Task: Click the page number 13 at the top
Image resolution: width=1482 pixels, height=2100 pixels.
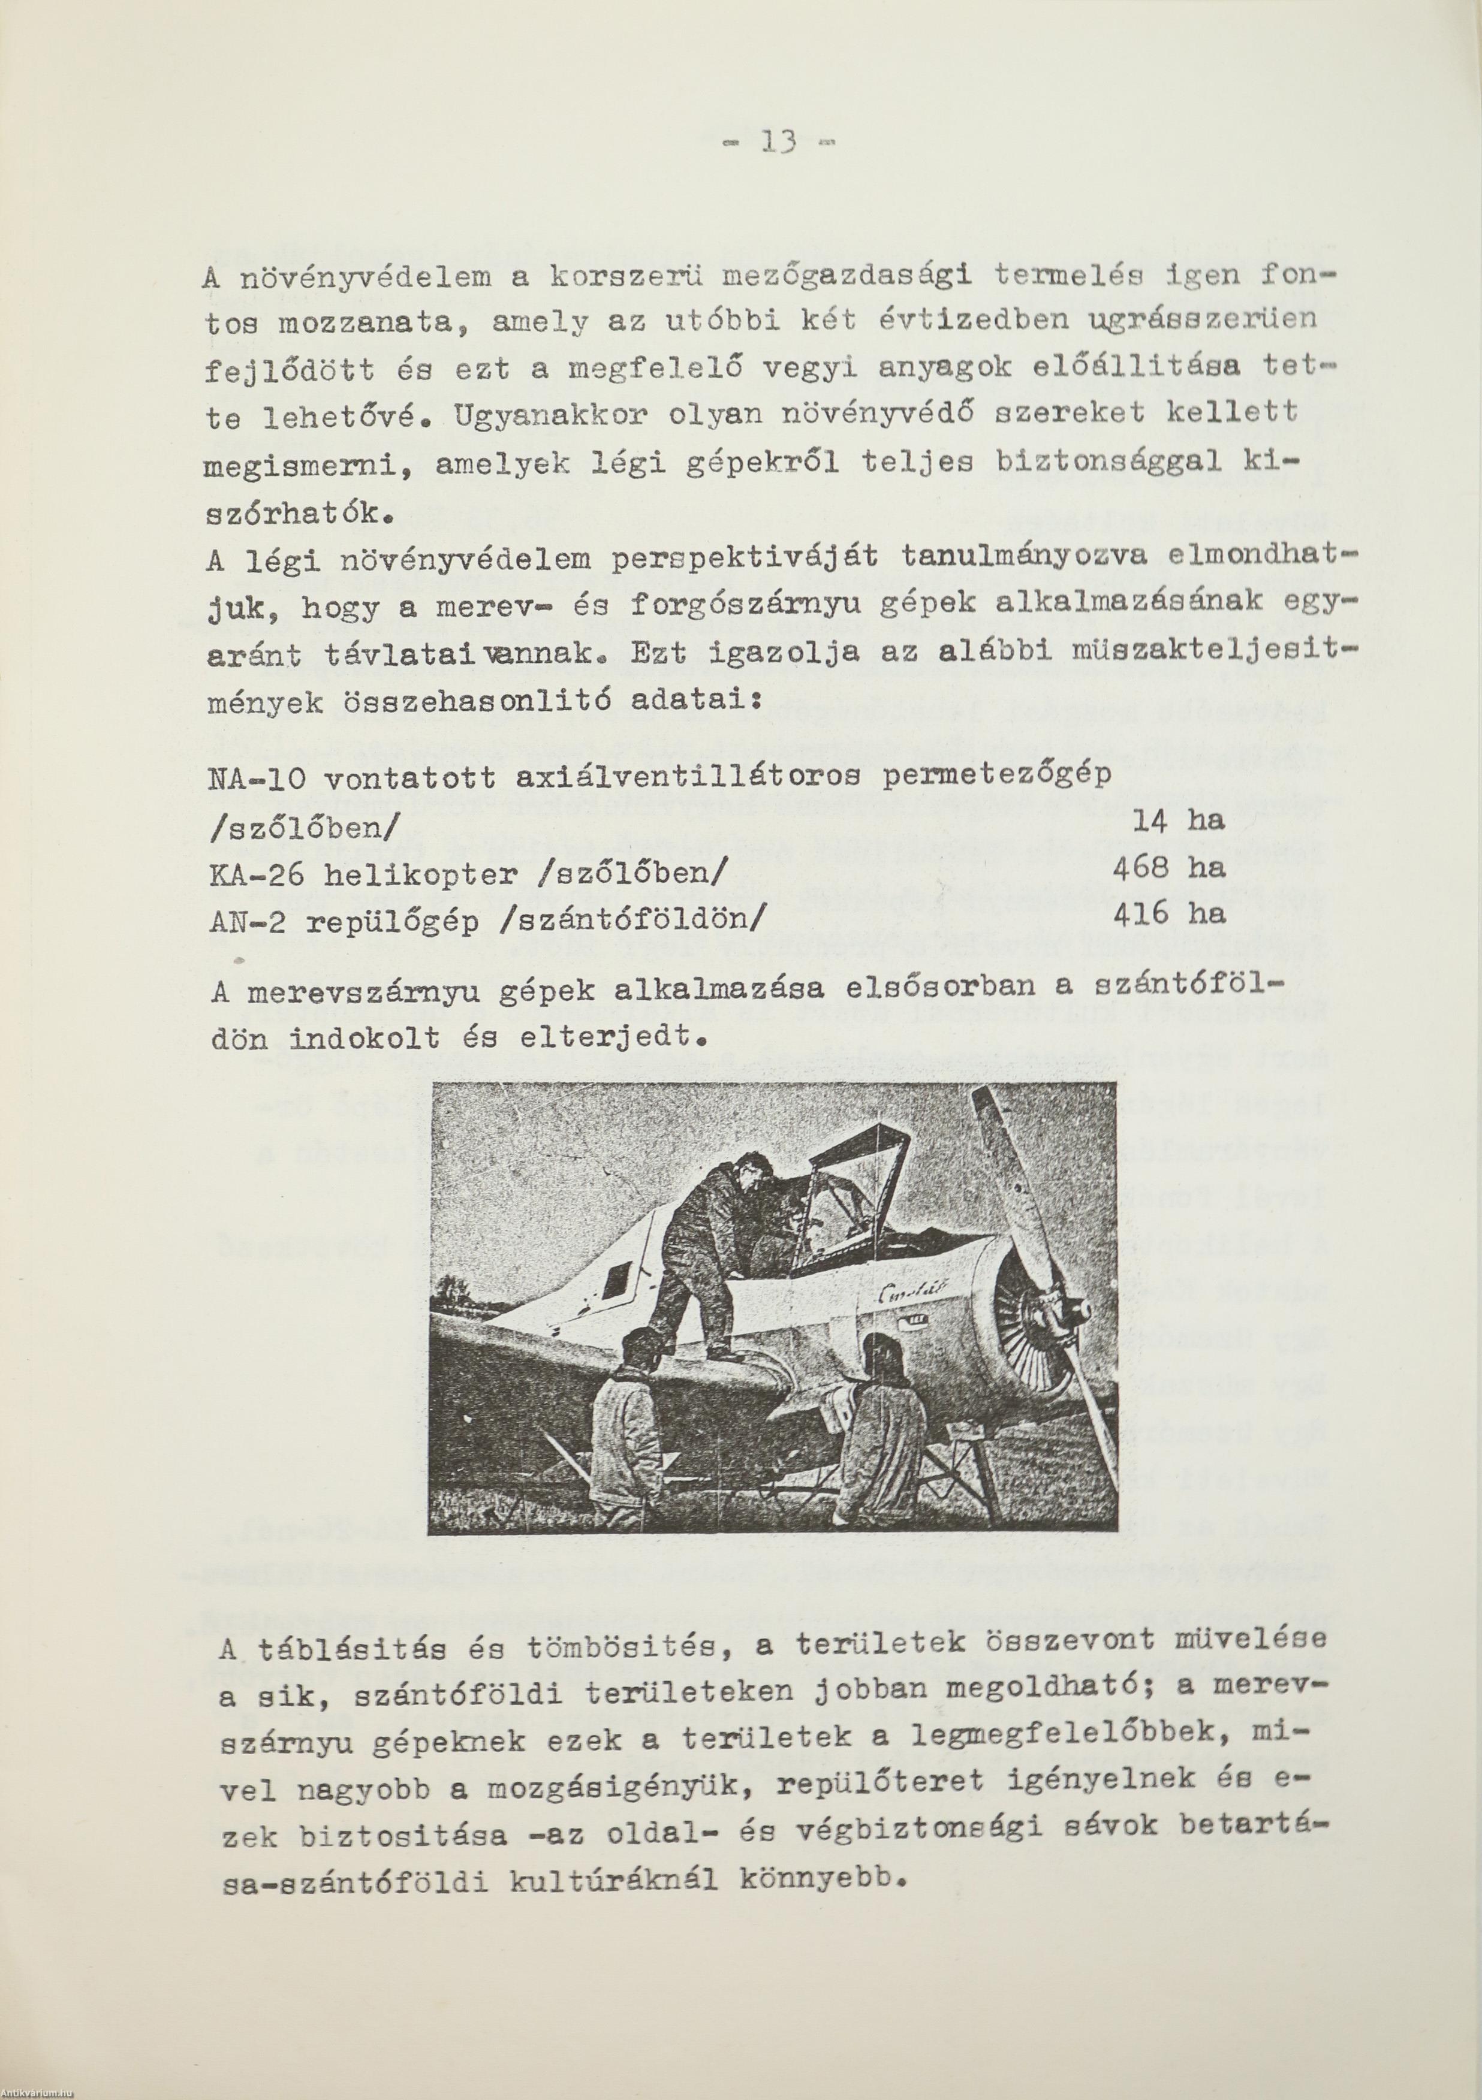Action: tap(777, 142)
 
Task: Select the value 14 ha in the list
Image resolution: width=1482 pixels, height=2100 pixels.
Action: tap(1177, 820)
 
